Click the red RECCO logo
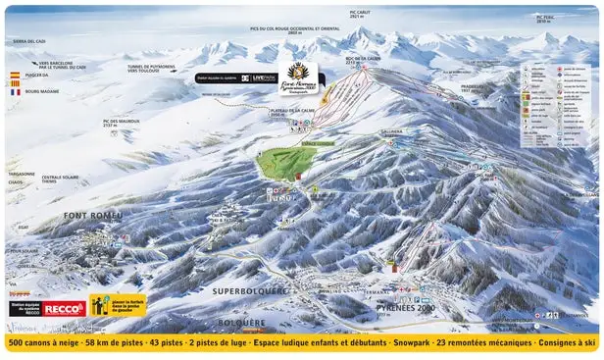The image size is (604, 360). point(63,308)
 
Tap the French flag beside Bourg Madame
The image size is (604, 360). point(15,92)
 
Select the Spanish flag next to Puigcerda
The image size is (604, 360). point(15,75)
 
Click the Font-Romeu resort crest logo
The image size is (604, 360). point(298,75)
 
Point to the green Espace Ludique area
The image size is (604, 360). point(286,161)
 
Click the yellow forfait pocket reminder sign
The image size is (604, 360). point(118,306)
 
